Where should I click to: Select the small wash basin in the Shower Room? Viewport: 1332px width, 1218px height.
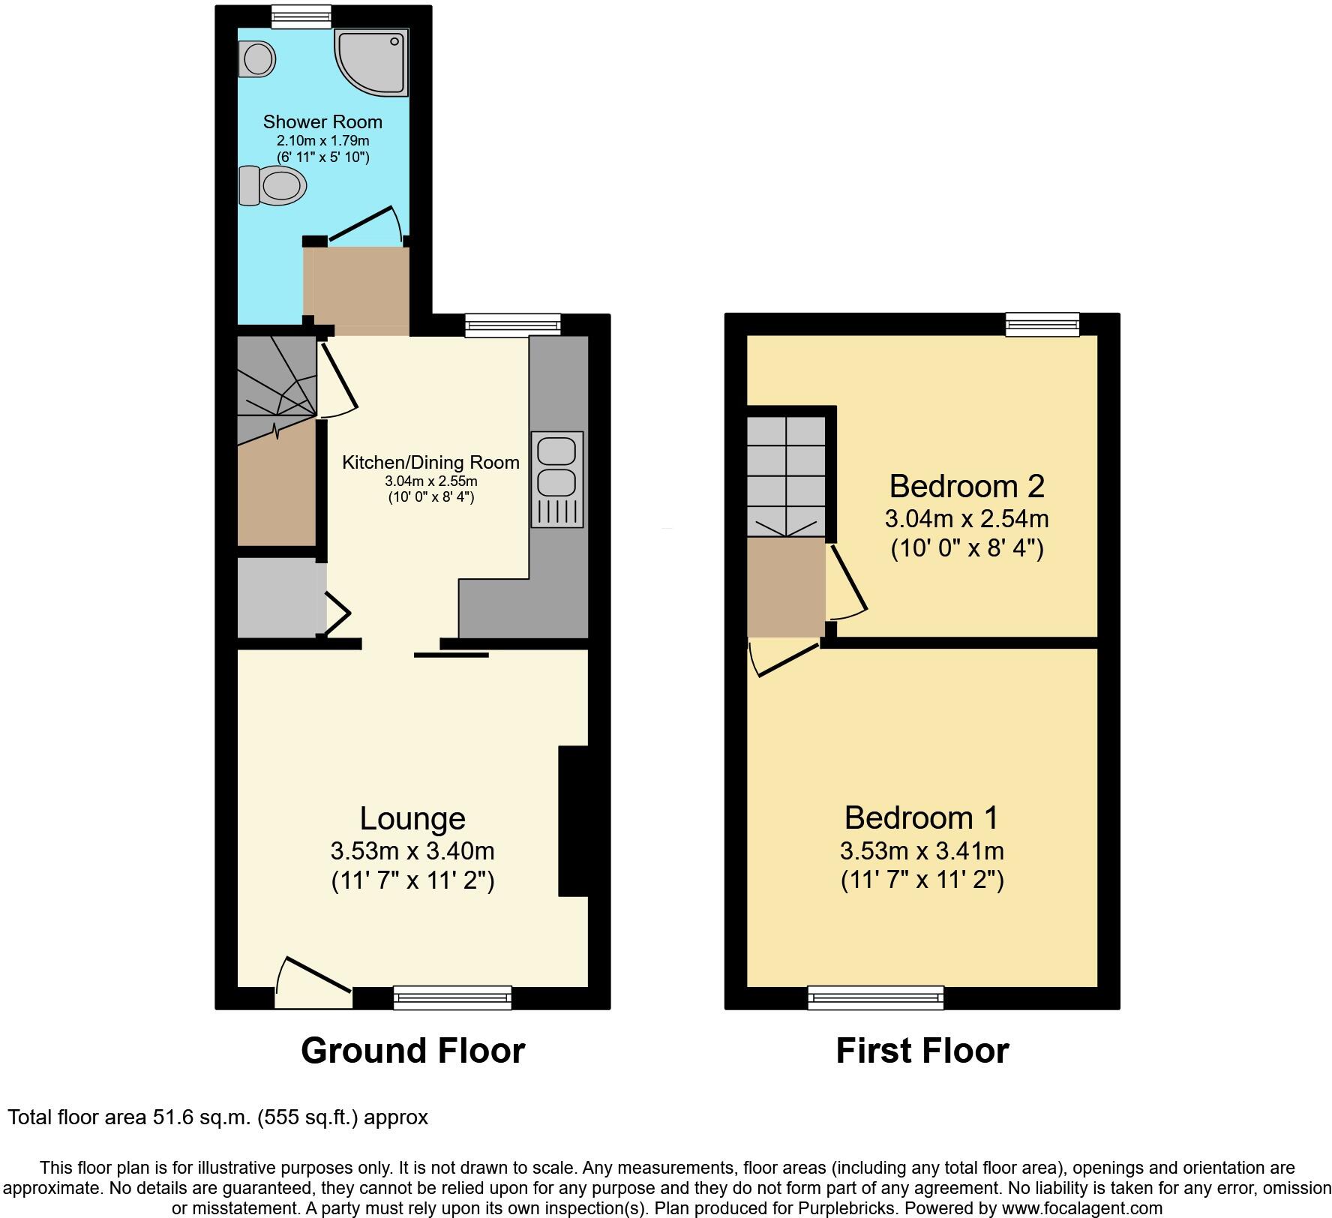[x=257, y=58]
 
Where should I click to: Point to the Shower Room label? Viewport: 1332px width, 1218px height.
[x=322, y=121]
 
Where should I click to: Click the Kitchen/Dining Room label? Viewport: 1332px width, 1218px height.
[x=430, y=462]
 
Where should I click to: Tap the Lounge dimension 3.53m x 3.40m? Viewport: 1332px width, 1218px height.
[x=412, y=851]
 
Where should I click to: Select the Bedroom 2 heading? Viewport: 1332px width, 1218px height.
[x=966, y=486]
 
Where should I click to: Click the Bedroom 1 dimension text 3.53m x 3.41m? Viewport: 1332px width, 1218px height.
[x=921, y=851]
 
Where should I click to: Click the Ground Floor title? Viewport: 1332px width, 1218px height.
[x=412, y=1050]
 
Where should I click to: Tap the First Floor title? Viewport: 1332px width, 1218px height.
[x=922, y=1050]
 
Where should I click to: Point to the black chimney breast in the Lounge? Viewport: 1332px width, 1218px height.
[x=573, y=820]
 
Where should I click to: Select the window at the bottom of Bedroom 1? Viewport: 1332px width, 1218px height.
[x=875, y=997]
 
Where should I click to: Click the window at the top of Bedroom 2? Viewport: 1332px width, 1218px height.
[x=1042, y=324]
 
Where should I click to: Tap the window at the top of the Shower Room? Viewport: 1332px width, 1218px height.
[x=300, y=16]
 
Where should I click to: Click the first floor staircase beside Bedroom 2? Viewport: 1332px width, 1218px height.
[x=785, y=475]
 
